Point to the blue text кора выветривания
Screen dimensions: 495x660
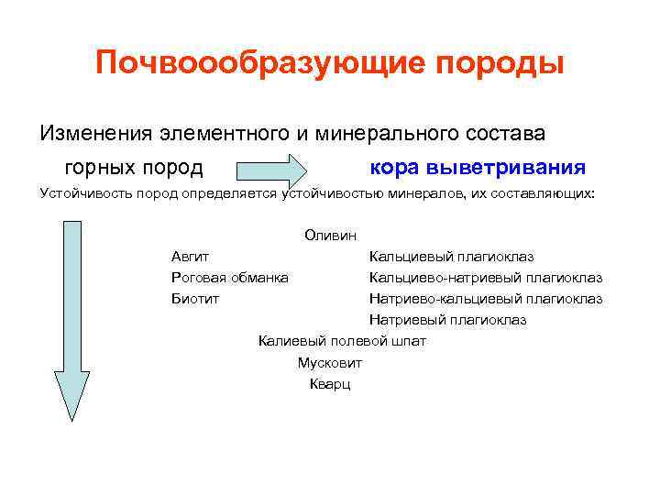tap(478, 168)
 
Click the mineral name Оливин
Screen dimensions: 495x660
tap(330, 236)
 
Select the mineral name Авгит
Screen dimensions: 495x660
tap(190, 257)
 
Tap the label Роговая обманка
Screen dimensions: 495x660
tap(229, 277)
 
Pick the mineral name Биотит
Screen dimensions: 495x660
tap(194, 298)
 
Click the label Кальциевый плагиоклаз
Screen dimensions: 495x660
tap(451, 257)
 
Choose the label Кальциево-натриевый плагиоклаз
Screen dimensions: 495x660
tap(485, 277)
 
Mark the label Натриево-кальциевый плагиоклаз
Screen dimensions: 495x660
tap(485, 298)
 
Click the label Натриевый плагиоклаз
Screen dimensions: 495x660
tap(447, 319)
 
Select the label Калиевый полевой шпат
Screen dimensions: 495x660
tap(342, 341)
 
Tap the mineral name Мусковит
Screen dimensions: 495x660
tap(329, 362)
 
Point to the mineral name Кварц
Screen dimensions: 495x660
tap(330, 383)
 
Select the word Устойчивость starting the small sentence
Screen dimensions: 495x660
tap(80, 194)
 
